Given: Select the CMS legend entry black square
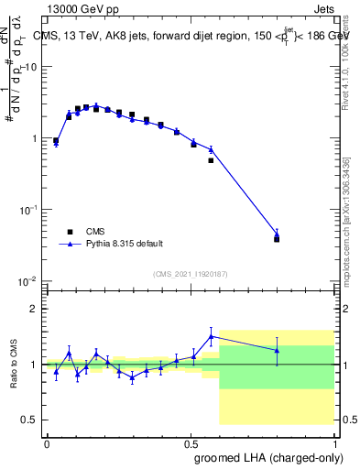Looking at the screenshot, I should [70, 232].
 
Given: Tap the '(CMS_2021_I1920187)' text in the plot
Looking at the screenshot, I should [189, 274].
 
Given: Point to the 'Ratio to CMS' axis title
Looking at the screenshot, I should [13, 364].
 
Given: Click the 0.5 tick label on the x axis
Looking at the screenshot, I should [190, 442].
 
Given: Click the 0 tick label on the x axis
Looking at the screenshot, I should [47, 442].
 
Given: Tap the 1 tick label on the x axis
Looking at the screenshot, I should [333, 442].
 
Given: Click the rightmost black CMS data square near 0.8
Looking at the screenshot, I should [277, 239].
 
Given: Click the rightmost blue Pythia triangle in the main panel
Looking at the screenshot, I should [277, 234].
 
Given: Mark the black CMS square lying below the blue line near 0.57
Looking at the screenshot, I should [211, 160].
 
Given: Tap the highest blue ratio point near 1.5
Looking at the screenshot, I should [211, 336].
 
